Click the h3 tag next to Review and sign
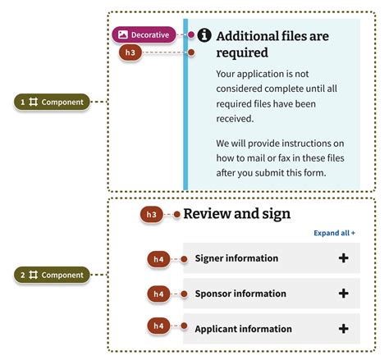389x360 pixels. (152, 215)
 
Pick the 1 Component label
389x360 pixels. (52, 102)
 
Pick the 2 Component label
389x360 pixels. (52, 275)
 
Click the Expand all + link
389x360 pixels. (335, 233)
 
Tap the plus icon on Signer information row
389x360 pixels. (343, 258)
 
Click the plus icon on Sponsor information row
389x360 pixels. (343, 294)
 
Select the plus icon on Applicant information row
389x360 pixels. (343, 329)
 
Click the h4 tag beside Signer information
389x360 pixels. (159, 259)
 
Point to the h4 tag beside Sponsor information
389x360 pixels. (159, 294)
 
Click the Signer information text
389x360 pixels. (236, 258)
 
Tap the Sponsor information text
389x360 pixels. (240, 294)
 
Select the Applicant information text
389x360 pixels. (243, 329)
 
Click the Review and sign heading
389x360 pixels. (236, 214)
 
